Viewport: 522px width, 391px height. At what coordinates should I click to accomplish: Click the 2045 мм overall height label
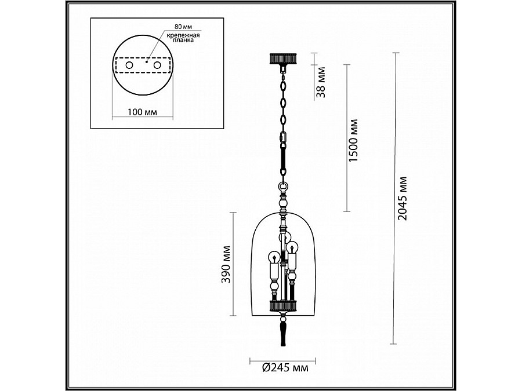[402, 199]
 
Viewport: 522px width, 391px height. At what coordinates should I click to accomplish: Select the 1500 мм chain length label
[353, 141]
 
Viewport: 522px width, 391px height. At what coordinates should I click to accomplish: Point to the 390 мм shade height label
[226, 264]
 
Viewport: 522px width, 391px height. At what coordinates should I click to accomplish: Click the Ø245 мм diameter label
[285, 368]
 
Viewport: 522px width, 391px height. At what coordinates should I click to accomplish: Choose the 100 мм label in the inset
[142, 112]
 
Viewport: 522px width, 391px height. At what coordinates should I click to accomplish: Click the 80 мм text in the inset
[183, 27]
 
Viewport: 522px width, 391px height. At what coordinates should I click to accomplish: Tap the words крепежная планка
[183, 38]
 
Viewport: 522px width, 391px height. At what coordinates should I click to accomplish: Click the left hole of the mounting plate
[129, 65]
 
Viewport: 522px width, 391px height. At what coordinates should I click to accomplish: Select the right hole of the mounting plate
[157, 65]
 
